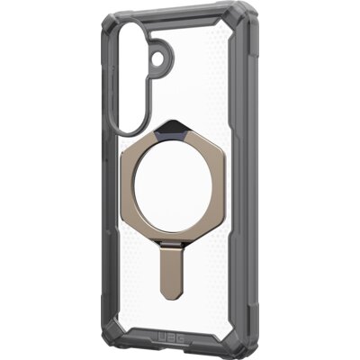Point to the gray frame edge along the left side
click(102, 180)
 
